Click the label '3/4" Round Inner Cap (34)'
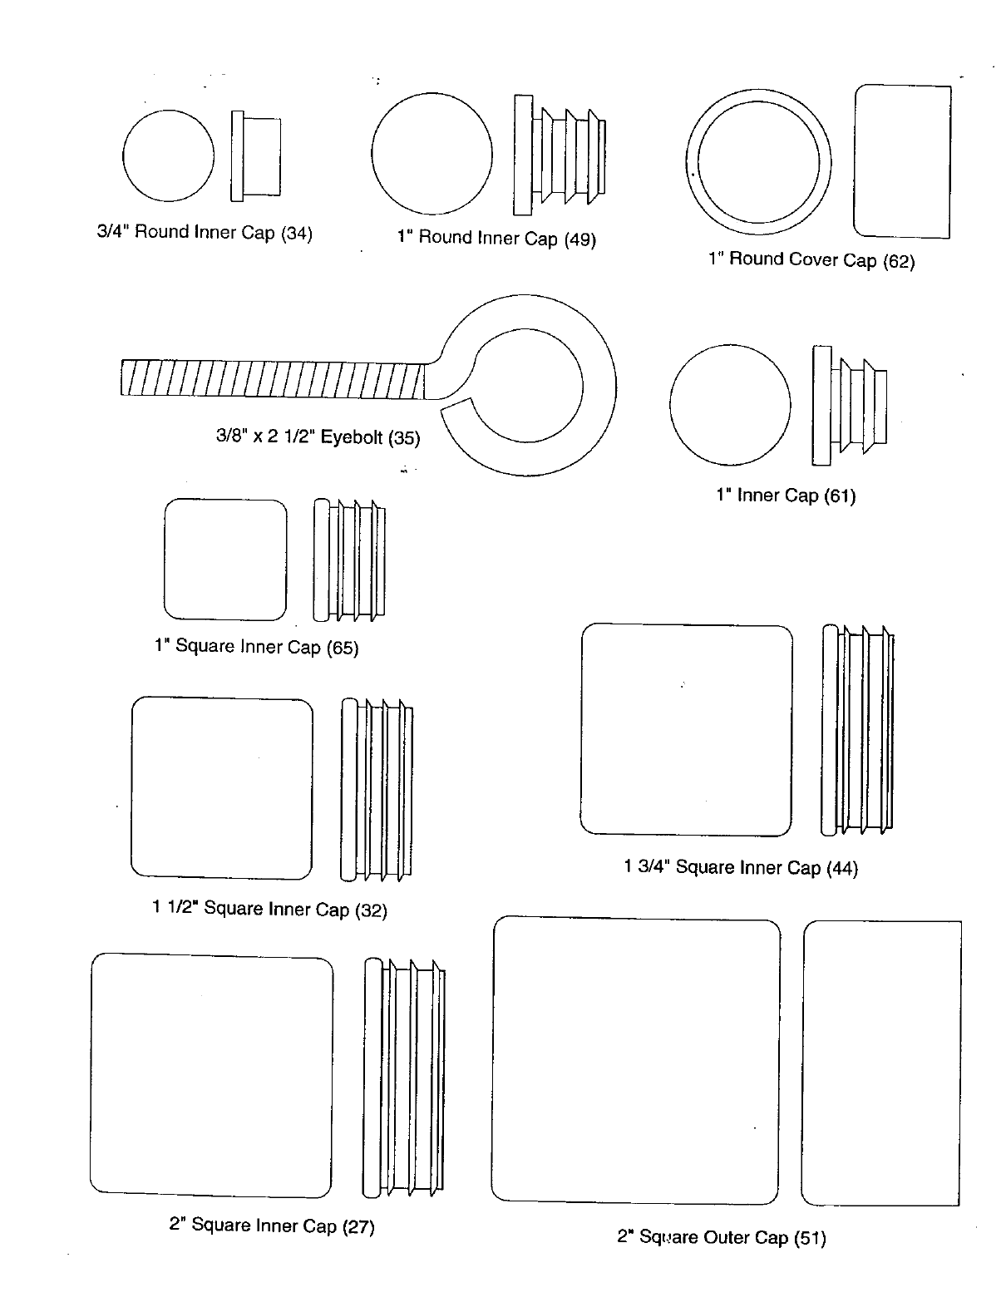pyautogui.click(x=205, y=233)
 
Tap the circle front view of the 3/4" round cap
pyautogui.click(x=168, y=155)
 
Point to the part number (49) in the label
pyautogui.click(x=580, y=240)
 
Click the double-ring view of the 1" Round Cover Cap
pyautogui.click(x=758, y=161)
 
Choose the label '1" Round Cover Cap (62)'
pyautogui.click(x=811, y=260)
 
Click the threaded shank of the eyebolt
pyautogui.click(x=274, y=379)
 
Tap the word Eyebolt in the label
pyautogui.click(x=352, y=437)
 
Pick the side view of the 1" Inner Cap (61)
pyautogui.click(x=848, y=405)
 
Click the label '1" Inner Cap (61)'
pyautogui.click(x=786, y=496)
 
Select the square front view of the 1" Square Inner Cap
pyautogui.click(x=225, y=560)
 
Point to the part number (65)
pyautogui.click(x=342, y=648)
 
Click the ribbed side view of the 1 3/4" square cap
pyautogui.click(x=858, y=729)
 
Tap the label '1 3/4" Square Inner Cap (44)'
pyautogui.click(x=740, y=868)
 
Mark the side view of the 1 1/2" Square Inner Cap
pyautogui.click(x=376, y=789)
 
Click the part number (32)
pyautogui.click(x=371, y=910)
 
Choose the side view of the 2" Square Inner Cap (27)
pyautogui.click(x=404, y=1078)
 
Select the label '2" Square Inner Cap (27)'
pyautogui.click(x=272, y=1226)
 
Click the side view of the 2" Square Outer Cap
pyautogui.click(x=881, y=1063)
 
